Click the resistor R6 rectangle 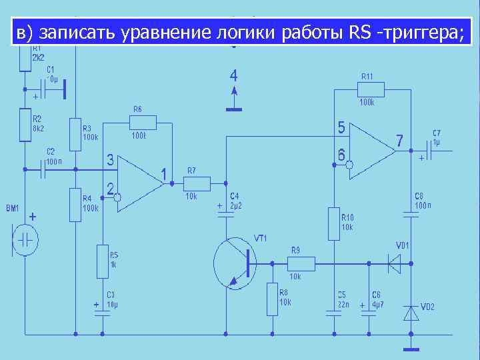pos(143,122)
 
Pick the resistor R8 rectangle pos(272,298)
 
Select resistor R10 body pos(334,224)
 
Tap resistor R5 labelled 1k pos(102,260)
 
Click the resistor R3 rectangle pos(75,134)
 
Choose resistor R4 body pos(75,204)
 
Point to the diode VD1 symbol pos(397,263)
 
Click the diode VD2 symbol pos(411,312)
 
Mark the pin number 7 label pos(399,141)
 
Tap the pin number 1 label pos(163,175)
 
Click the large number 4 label pos(233,74)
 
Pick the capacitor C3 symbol pos(102,309)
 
